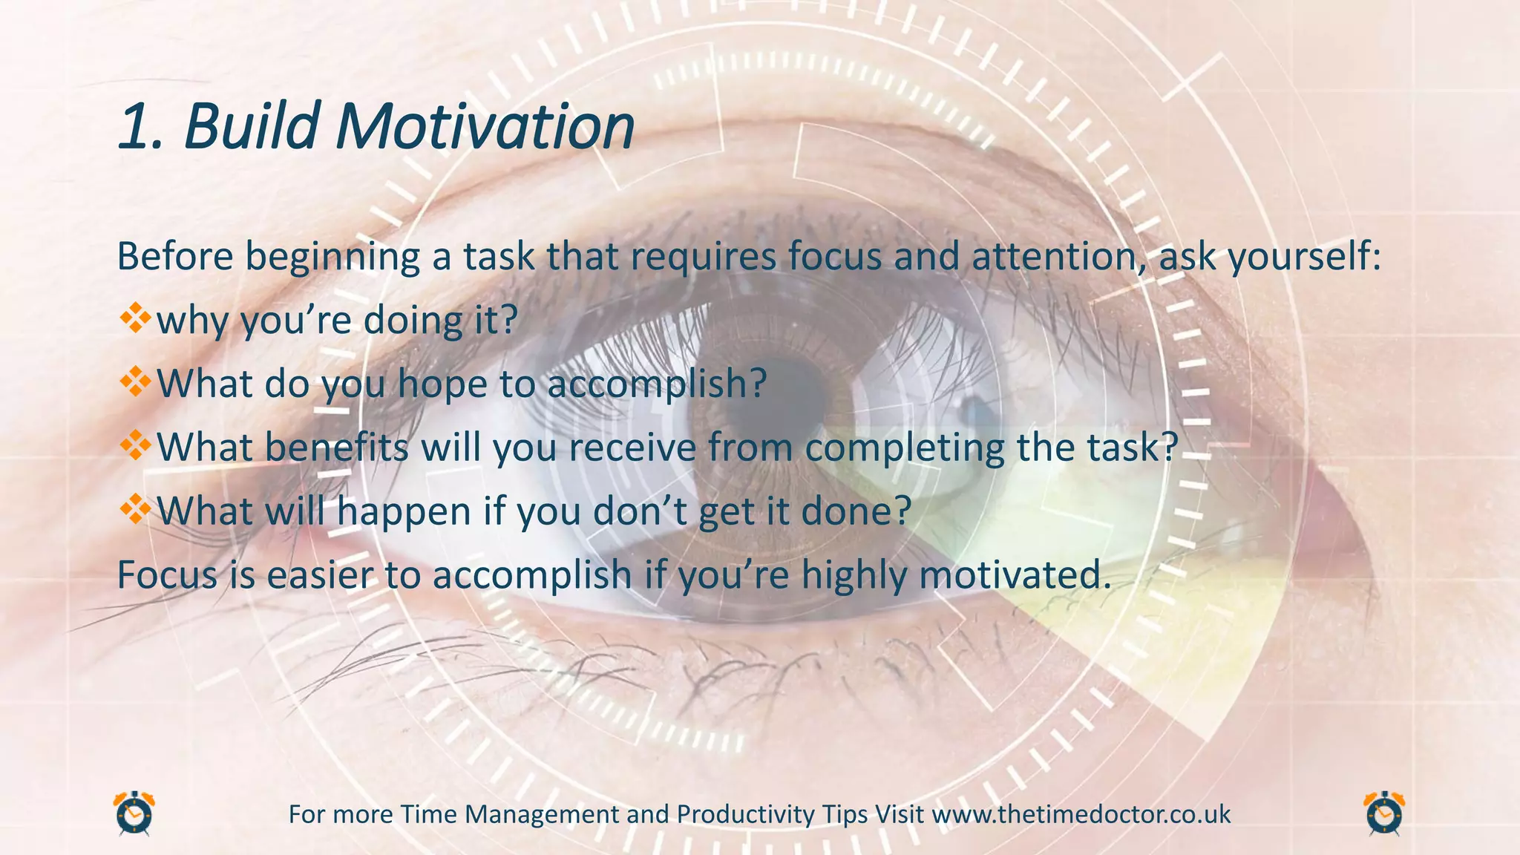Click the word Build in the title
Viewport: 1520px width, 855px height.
252,126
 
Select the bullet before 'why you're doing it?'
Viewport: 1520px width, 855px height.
135,319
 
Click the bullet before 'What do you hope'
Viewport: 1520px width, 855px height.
135,383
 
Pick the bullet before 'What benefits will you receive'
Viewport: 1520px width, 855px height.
135,447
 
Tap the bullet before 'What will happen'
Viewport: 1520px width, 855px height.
135,511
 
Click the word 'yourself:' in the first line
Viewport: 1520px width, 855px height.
1305,258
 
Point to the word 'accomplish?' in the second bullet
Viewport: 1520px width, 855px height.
657,385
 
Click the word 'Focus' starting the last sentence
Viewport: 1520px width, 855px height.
167,575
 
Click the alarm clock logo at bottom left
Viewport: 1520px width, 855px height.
134,814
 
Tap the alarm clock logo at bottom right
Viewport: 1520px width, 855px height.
1384,814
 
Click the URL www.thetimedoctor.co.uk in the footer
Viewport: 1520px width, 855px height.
1081,815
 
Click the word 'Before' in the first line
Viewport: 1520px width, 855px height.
175,257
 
